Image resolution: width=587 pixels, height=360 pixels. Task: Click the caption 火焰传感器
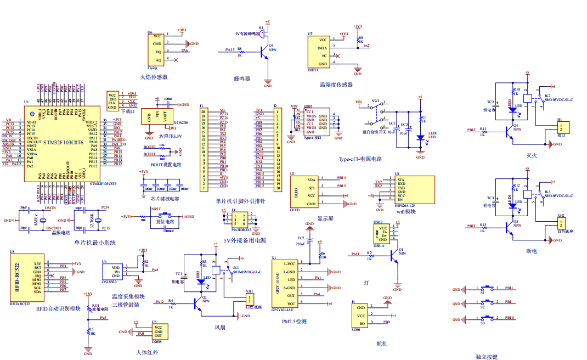tap(154, 77)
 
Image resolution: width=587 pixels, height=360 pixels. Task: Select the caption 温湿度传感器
tap(336, 85)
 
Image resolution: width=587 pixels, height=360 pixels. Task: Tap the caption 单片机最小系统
tap(95, 243)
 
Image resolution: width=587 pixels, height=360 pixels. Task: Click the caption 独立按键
tap(487, 357)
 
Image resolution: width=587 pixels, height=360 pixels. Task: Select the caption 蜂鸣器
tap(241, 78)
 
